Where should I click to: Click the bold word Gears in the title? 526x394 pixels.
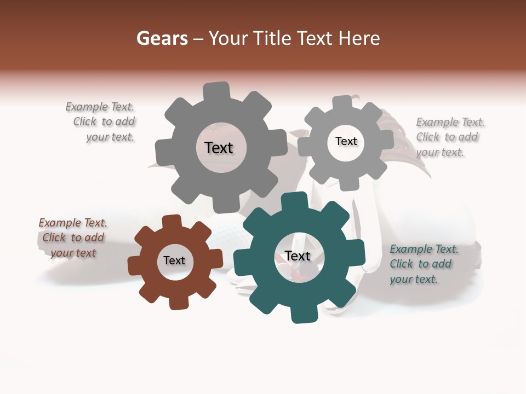pyautogui.click(x=162, y=38)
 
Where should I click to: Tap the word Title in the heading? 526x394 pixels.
pyautogui.click(x=272, y=38)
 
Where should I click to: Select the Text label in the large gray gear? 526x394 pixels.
pyautogui.click(x=219, y=148)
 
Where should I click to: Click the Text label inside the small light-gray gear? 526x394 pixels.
pyautogui.click(x=346, y=141)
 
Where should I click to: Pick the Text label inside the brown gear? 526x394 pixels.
pyautogui.click(x=174, y=261)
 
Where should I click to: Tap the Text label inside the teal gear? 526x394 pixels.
pyautogui.click(x=298, y=256)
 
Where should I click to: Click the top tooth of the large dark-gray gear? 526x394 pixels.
pyautogui.click(x=216, y=91)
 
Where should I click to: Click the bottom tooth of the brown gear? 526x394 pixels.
pyautogui.click(x=179, y=302)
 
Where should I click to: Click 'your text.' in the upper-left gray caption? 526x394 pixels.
pyautogui.click(x=110, y=137)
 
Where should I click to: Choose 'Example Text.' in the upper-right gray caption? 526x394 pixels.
pyautogui.click(x=450, y=122)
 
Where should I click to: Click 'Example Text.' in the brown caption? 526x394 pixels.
pyautogui.click(x=73, y=223)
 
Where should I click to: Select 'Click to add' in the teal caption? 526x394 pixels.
pyautogui.click(x=421, y=264)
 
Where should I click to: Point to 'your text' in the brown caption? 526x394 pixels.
pyautogui.click(x=73, y=253)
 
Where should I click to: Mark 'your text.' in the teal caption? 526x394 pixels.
pyautogui.click(x=414, y=279)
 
